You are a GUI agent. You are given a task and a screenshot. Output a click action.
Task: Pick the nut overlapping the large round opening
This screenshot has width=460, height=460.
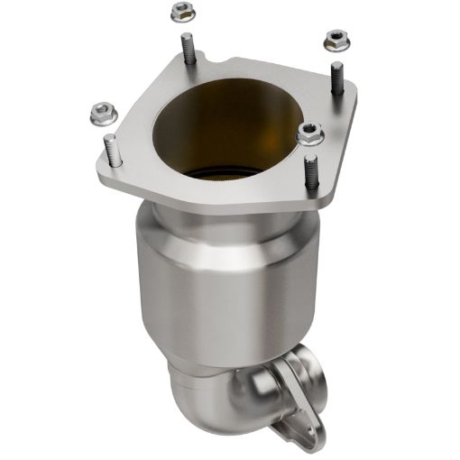coord(310,134)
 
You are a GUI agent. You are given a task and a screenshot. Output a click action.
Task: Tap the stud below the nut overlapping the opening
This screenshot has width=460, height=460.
coord(309,171)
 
